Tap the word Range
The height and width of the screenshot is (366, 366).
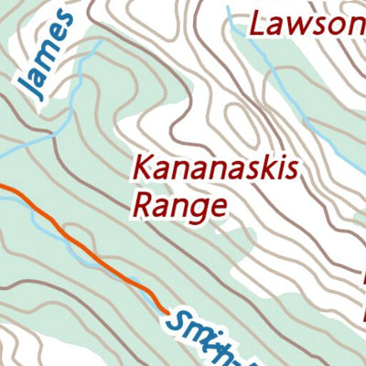pyautogui.click(x=178, y=204)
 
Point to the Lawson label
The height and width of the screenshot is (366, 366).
pyautogui.click(x=307, y=23)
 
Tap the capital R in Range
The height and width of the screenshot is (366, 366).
pyautogui.click(x=144, y=202)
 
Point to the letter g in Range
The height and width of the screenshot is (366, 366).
pyautogui.click(x=198, y=209)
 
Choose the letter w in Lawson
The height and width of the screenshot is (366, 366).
pyautogui.click(x=301, y=25)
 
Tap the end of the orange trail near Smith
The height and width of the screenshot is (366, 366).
pyautogui.click(x=163, y=307)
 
